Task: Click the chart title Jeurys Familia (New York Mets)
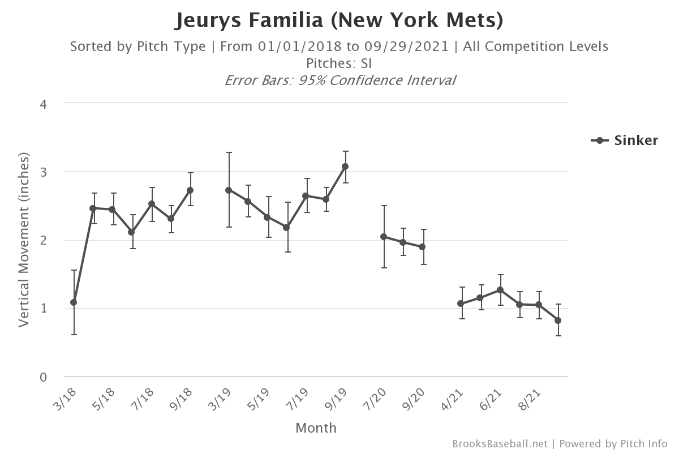click(x=339, y=20)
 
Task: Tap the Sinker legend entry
click(x=625, y=140)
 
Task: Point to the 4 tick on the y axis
click(x=43, y=103)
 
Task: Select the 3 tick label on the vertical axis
click(x=43, y=172)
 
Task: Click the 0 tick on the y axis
click(x=43, y=377)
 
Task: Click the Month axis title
click(x=316, y=428)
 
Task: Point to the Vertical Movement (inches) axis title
click(x=24, y=240)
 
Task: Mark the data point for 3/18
click(x=74, y=302)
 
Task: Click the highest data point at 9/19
click(x=345, y=166)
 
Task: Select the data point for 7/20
click(x=384, y=237)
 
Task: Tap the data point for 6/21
click(x=500, y=290)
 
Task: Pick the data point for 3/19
click(x=229, y=190)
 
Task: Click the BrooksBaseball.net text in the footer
click(x=500, y=444)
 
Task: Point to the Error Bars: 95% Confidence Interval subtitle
click(x=339, y=80)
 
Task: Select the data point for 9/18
click(x=190, y=190)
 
